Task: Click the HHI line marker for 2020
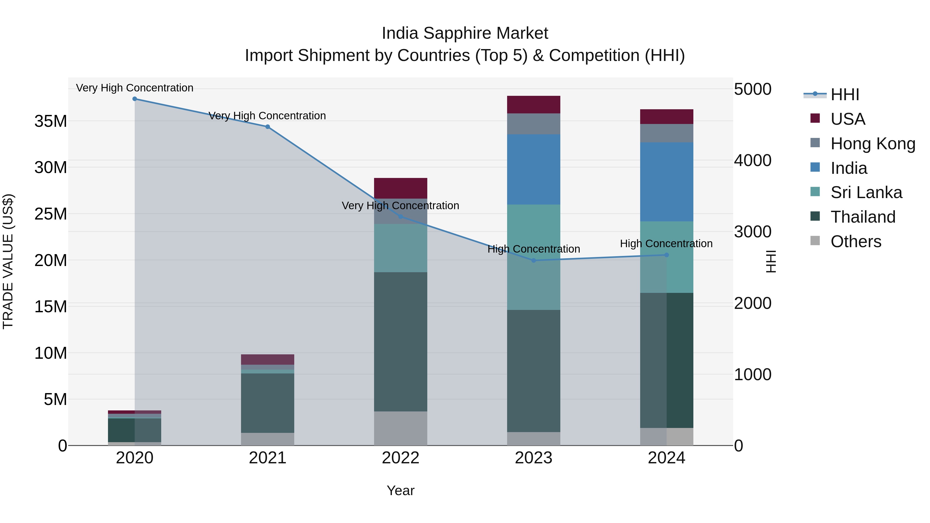click(135, 99)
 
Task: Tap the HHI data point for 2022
click(400, 217)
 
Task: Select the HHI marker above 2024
click(667, 255)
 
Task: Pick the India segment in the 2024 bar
click(667, 182)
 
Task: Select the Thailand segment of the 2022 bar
click(400, 341)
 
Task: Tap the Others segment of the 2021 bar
click(268, 439)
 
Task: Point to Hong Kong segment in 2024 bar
click(667, 133)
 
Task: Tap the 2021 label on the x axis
click(268, 458)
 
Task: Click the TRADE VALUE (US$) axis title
click(8, 261)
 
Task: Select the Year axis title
click(400, 490)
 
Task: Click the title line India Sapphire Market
click(465, 33)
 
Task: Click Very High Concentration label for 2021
click(267, 116)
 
